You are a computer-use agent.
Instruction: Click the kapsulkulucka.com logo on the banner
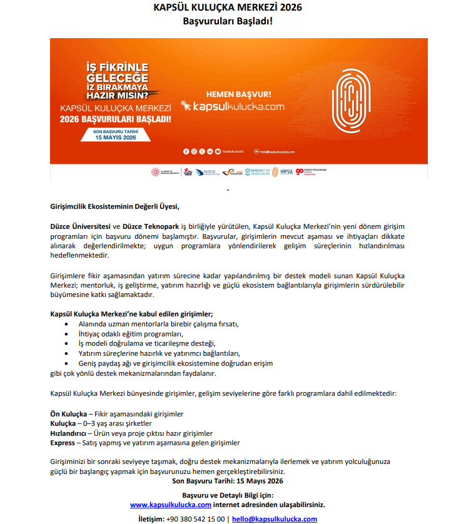[232, 107]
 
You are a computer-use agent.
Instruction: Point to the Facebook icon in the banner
[185, 151]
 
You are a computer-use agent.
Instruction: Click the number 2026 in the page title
[286, 8]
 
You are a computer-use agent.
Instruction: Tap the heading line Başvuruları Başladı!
[228, 21]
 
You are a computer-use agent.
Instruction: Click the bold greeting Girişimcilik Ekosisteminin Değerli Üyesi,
[114, 206]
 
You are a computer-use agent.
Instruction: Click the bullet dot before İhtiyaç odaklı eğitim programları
[67, 333]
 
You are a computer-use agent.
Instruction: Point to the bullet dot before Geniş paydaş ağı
[67, 363]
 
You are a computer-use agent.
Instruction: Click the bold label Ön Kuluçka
[68, 414]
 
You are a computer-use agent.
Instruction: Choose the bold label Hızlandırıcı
[68, 433]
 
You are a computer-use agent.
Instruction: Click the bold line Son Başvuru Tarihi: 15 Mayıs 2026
[228, 481]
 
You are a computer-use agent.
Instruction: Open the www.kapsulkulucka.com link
[170, 504]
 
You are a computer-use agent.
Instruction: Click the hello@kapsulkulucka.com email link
[275, 519]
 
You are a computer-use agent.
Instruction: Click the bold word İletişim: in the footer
[151, 519]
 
